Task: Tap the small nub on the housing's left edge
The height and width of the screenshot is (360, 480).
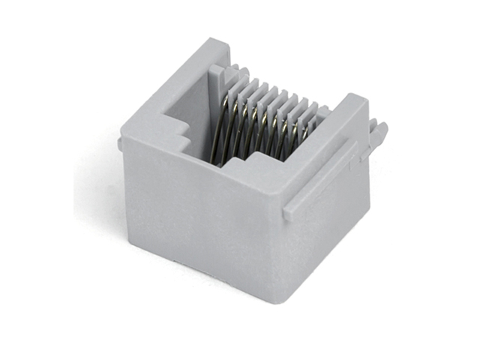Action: coord(120,143)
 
